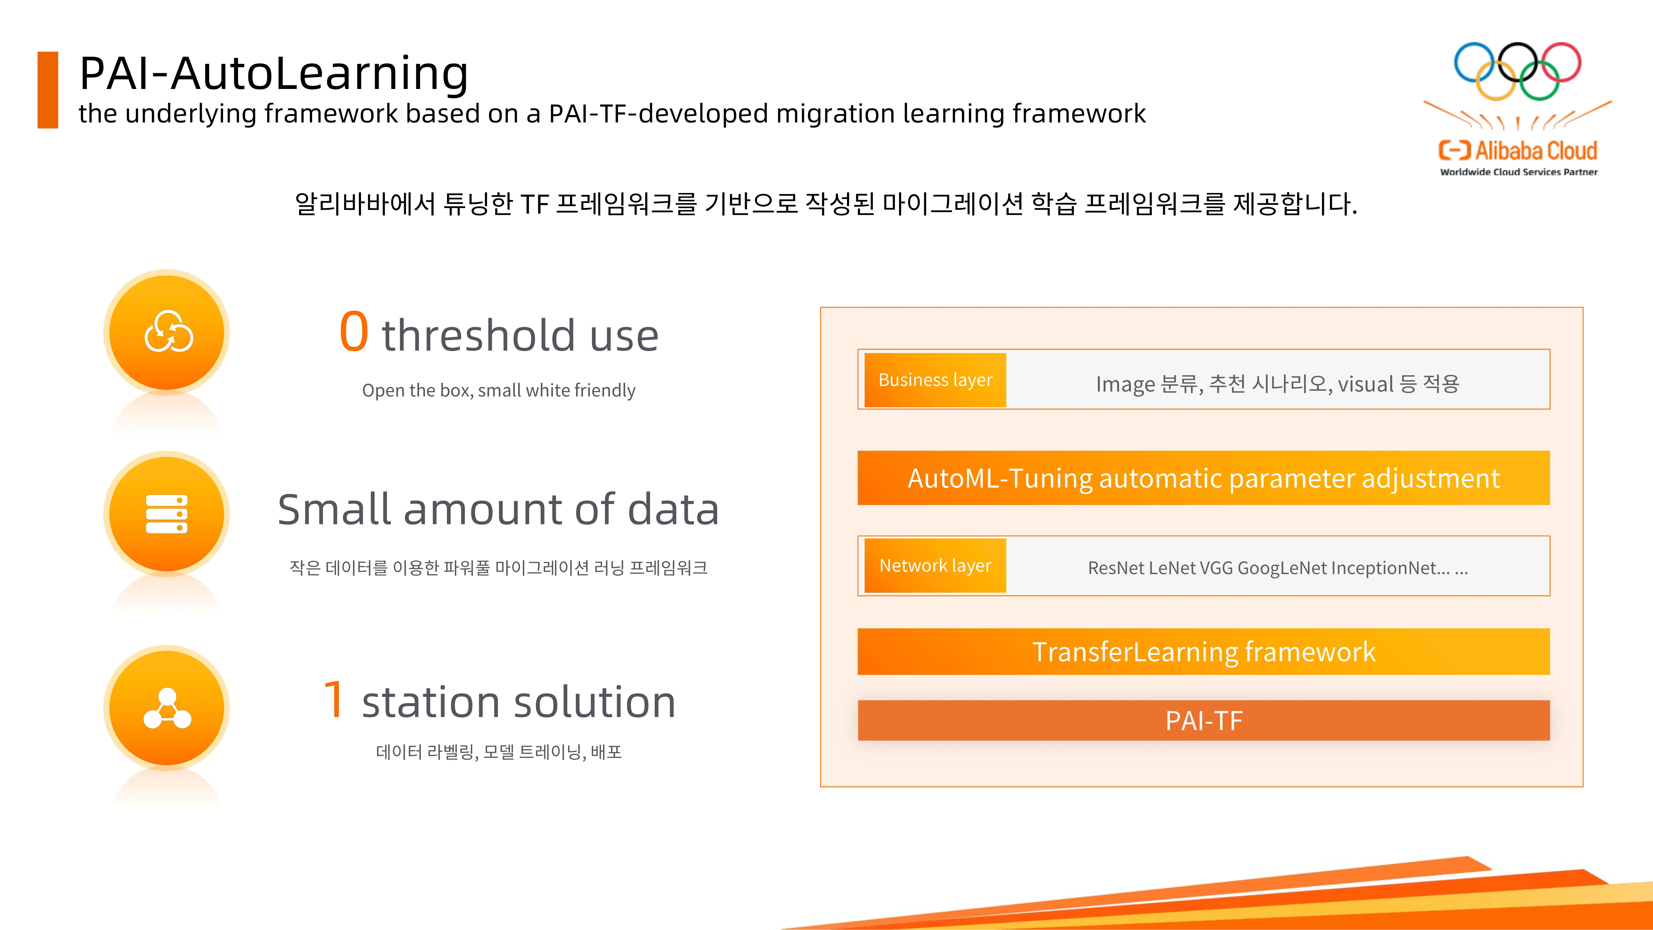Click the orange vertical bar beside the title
click(x=48, y=90)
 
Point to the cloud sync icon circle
click(x=167, y=332)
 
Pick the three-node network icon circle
click(x=167, y=708)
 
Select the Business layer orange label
click(x=935, y=380)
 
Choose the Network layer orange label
click(x=935, y=565)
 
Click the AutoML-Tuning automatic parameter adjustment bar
click(x=1204, y=478)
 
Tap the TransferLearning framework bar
click(x=1204, y=651)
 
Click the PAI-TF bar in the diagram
click(x=1204, y=720)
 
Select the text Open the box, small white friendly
click(x=499, y=390)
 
